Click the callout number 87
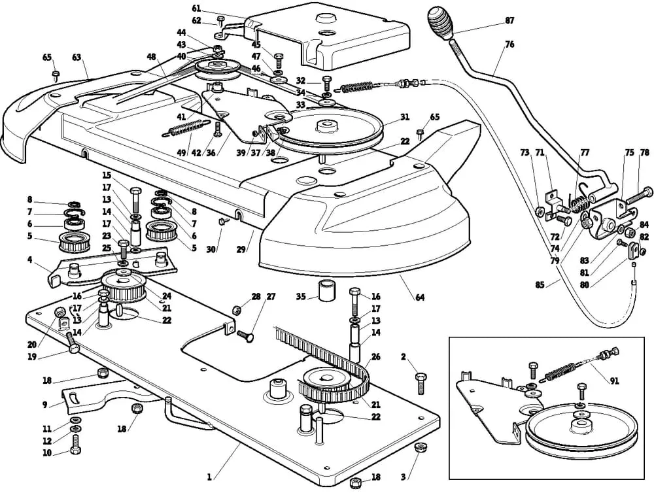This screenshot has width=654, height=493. [509, 21]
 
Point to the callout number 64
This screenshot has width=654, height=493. [420, 298]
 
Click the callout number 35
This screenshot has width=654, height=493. [301, 296]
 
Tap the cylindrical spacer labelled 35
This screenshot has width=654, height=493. [326, 290]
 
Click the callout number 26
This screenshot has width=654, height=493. [375, 357]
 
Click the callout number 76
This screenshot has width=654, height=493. [509, 44]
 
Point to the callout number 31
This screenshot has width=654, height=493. [405, 118]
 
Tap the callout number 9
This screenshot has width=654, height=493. [45, 405]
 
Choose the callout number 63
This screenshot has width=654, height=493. [77, 58]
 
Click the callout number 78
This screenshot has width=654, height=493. [645, 152]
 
